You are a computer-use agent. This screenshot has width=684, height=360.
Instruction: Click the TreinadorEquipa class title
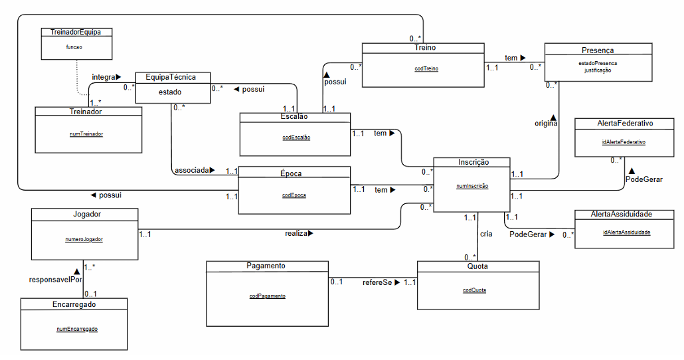pyautogui.click(x=76, y=32)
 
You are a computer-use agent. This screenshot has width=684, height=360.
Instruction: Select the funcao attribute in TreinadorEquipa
pyautogui.click(x=74, y=46)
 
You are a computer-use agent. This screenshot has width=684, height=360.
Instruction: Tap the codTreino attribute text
pyautogui.click(x=426, y=68)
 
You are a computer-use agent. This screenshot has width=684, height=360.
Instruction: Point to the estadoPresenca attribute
pyautogui.click(x=598, y=63)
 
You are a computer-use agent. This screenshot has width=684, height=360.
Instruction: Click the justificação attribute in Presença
pyautogui.click(x=598, y=70)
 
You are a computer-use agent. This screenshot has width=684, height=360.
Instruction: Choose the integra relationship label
pyautogui.click(x=104, y=77)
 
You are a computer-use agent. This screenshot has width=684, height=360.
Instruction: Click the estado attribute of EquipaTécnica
pyautogui.click(x=170, y=92)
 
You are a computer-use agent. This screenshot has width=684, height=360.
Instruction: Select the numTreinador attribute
pyautogui.click(x=86, y=134)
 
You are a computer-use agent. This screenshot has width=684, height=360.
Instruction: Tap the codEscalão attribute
pyautogui.click(x=296, y=137)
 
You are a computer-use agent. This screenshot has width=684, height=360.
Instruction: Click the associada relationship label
pyautogui.click(x=191, y=170)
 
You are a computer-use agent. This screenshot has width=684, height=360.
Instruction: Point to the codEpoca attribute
pyautogui.click(x=294, y=195)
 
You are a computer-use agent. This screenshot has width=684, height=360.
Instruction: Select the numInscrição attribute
pyautogui.click(x=472, y=187)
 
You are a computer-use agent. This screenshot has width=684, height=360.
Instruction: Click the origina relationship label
pyautogui.click(x=546, y=124)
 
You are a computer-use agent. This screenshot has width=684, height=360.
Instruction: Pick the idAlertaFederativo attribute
pyautogui.click(x=624, y=142)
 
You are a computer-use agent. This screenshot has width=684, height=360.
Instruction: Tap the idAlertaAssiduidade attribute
pyautogui.click(x=626, y=232)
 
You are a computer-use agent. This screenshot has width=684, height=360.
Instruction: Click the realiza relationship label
pyautogui.click(x=296, y=233)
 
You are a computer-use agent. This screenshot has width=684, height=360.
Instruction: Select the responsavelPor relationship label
pyautogui.click(x=55, y=280)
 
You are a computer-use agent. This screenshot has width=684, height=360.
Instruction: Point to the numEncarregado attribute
pyautogui.click(x=77, y=329)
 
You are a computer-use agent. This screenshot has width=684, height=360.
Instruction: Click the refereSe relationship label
pyautogui.click(x=377, y=283)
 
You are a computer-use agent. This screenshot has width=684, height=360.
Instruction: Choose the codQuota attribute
pyautogui.click(x=474, y=290)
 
